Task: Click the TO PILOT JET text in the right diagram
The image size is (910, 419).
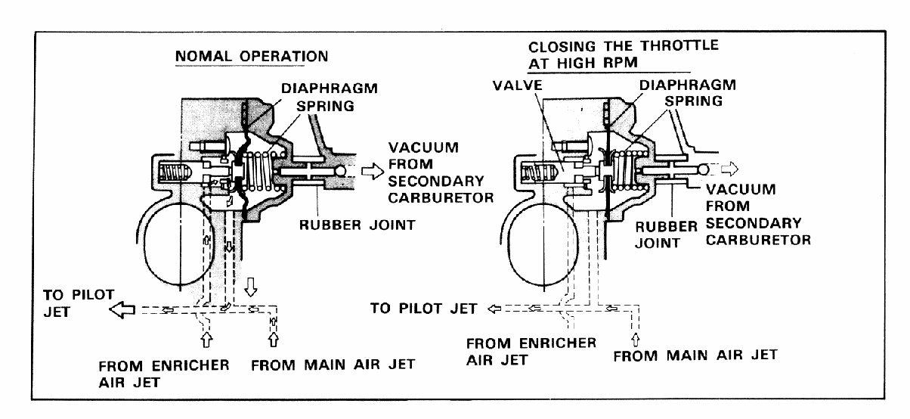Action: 425,308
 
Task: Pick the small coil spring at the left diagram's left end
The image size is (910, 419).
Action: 175,175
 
